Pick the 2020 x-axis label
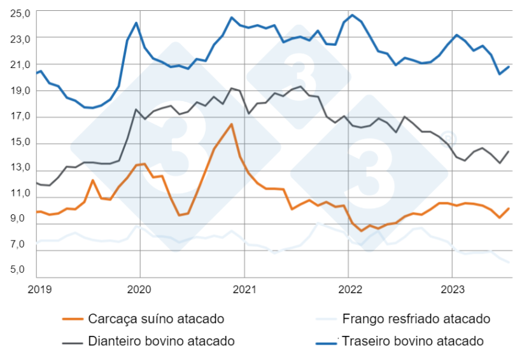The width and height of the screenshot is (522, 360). (x=140, y=289)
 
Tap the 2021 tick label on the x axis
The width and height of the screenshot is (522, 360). (x=244, y=289)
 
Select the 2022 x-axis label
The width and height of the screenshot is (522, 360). (x=348, y=289)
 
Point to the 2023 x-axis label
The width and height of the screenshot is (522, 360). (x=452, y=289)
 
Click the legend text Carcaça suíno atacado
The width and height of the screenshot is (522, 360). (x=156, y=319)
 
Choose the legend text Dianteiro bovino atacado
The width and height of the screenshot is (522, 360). (x=161, y=341)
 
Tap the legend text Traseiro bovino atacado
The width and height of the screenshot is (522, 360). (x=413, y=341)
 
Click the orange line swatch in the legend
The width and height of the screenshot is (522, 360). (x=73, y=319)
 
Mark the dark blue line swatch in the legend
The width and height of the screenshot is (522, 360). (x=327, y=342)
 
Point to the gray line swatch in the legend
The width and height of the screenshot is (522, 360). (x=73, y=342)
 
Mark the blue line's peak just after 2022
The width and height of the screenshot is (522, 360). (x=352, y=15)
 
